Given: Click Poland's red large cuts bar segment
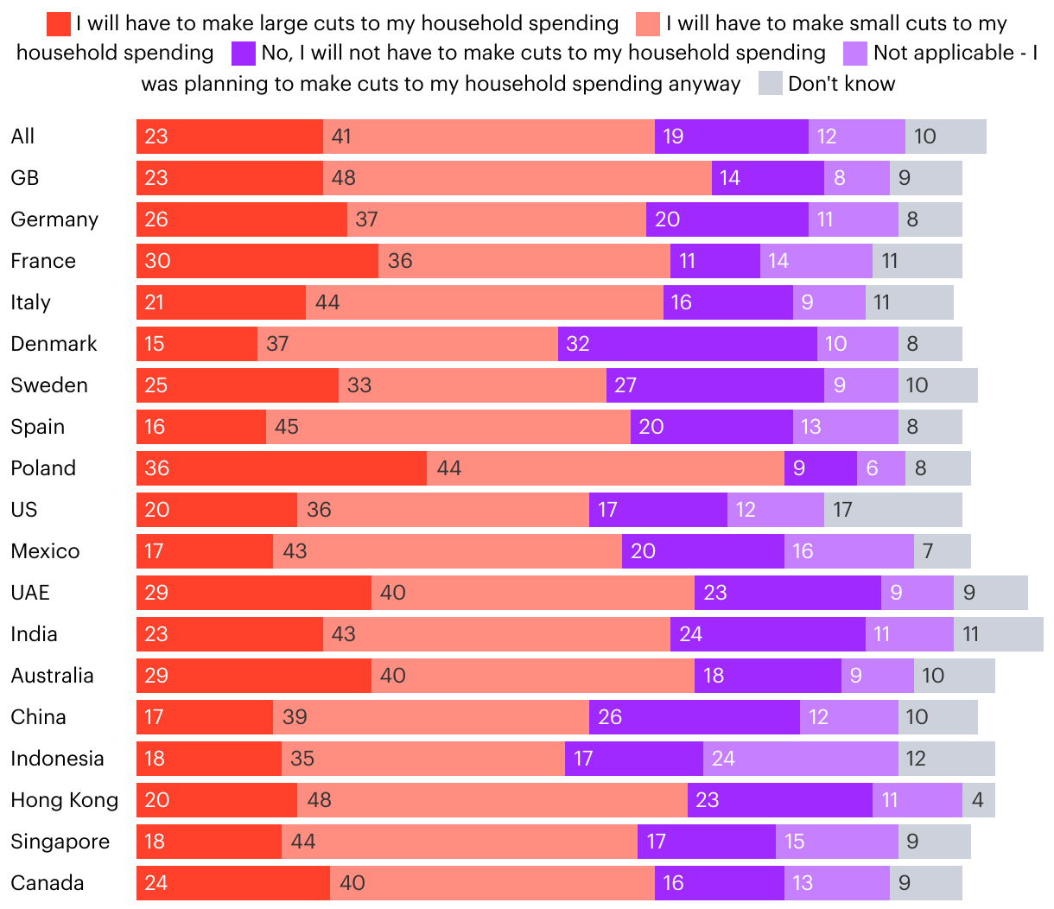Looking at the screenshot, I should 282,468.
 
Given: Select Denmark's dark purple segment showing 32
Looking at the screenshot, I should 688,344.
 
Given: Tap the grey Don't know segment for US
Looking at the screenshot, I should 893,510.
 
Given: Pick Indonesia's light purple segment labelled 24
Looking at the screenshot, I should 801,759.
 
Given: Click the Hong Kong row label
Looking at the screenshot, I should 65,800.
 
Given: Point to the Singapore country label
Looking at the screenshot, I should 60,842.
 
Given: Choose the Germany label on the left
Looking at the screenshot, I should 54,219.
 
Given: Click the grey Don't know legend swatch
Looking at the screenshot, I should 771,84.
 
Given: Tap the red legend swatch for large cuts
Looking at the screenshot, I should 59,24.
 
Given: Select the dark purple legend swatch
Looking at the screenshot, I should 244,54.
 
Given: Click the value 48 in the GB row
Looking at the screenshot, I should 344,178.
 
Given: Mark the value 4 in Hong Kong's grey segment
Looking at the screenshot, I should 977,800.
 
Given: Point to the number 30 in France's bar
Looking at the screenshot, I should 157,261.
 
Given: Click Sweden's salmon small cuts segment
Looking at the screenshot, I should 473,385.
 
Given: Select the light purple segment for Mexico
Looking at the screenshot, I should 849,551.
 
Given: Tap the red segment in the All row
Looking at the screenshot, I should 230,137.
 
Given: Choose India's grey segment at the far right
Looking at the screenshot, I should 999,634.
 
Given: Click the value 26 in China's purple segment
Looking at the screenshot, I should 610,717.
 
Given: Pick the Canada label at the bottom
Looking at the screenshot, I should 48,883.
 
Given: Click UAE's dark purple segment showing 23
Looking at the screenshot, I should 788,593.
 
